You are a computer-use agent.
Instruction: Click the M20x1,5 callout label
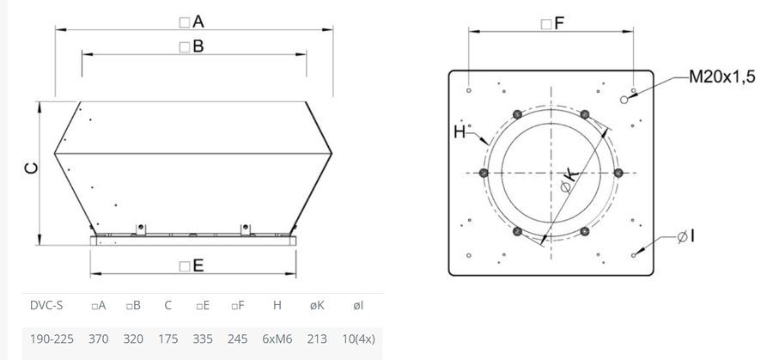[721, 77]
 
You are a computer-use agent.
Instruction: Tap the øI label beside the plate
[685, 237]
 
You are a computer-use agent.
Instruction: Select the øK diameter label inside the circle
[569, 181]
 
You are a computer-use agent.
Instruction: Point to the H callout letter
[460, 132]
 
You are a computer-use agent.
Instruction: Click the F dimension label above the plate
[552, 23]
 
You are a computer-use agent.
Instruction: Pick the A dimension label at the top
[192, 21]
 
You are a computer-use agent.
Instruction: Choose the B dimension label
[192, 46]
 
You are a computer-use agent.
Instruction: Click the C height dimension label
[31, 168]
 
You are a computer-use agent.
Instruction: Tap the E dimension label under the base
[192, 266]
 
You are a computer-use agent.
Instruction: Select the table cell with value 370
[99, 339]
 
